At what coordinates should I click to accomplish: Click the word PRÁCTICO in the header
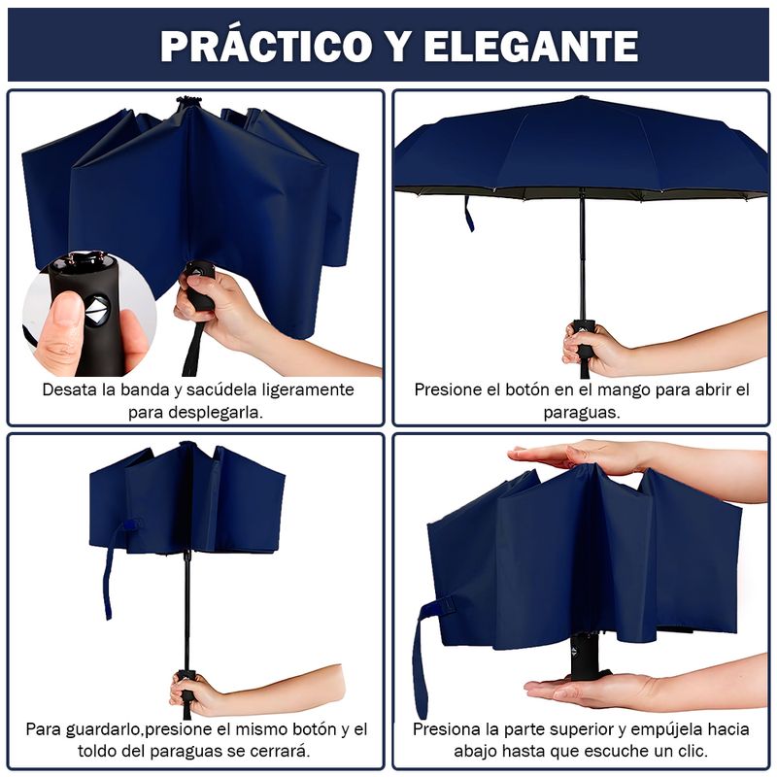(266, 46)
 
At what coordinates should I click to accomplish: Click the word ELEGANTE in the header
(530, 46)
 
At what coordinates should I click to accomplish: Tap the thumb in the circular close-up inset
(61, 327)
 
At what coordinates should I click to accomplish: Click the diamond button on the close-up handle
(97, 310)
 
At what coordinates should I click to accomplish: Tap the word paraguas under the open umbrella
(582, 412)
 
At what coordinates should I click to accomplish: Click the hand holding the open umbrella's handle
(592, 347)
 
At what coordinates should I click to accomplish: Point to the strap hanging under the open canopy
(469, 214)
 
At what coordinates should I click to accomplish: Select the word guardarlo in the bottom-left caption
(104, 730)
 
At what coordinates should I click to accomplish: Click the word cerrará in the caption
(281, 751)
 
